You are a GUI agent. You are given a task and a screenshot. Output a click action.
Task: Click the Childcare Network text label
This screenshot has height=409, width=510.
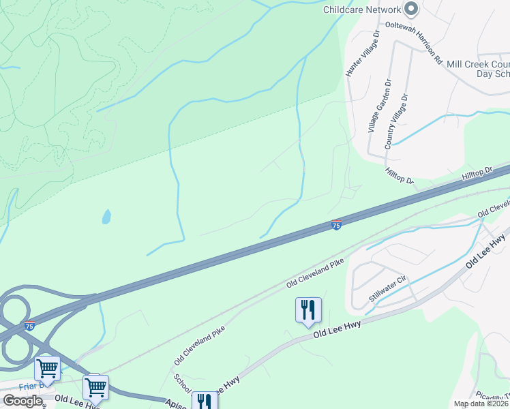tap(362, 10)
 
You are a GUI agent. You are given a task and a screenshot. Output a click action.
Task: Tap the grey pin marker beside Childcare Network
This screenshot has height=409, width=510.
tap(410, 9)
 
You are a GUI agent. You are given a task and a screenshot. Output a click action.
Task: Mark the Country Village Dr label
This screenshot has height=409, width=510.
tap(397, 121)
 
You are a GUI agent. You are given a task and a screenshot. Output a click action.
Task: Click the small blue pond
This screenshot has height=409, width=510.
tap(106, 217)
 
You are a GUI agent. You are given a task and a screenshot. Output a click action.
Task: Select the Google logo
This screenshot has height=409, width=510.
tap(22, 401)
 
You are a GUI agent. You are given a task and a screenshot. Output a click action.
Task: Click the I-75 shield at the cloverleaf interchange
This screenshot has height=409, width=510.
tap(29, 327)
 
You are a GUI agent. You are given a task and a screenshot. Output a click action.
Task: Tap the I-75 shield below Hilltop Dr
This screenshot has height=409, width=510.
tap(336, 225)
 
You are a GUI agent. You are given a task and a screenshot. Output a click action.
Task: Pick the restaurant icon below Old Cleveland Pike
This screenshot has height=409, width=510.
tap(308, 310)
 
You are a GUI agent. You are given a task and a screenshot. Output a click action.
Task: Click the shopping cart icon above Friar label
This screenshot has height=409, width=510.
tap(48, 369)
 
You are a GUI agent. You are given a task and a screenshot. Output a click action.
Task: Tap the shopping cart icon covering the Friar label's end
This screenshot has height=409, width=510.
tap(95, 387)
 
